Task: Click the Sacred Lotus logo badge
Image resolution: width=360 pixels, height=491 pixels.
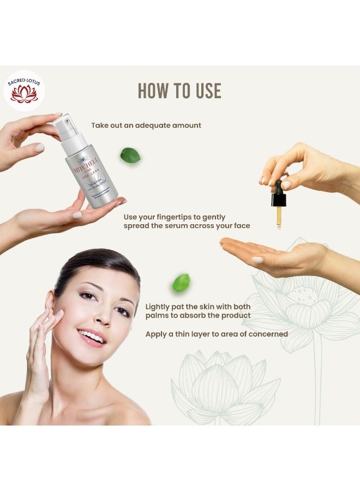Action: coord(24,91)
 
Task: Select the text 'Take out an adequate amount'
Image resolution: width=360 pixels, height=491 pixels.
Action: coord(146,125)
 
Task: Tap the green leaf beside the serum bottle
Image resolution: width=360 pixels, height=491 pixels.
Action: coord(130,155)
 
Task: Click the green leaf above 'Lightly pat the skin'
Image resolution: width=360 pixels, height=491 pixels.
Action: coord(181,283)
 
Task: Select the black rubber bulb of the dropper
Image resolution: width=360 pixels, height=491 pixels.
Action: coord(279,196)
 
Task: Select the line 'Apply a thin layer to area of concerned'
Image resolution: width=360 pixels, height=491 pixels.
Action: coord(216,334)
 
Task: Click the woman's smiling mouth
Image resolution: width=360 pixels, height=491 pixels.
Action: coord(92,337)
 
